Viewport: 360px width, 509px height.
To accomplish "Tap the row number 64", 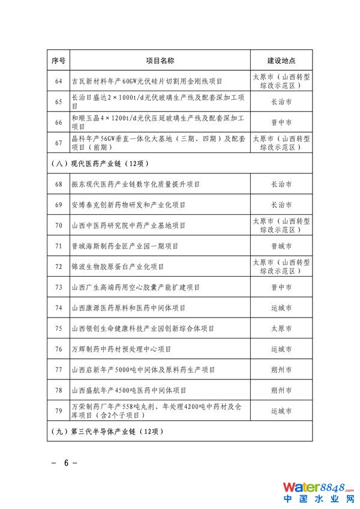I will [58, 81].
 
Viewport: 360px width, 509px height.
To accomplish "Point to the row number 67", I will [58, 142].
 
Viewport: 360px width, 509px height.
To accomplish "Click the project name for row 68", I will [135, 184].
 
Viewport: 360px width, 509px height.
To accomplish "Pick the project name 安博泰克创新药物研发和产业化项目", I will [128, 205].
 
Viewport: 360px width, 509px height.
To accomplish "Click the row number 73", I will [58, 288].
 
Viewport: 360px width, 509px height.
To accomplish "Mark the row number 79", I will [58, 411].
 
